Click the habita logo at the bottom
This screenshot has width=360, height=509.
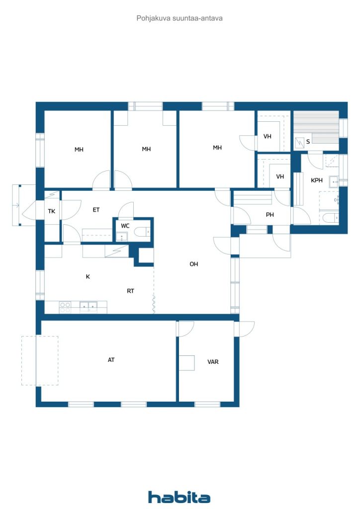[x=179, y=497]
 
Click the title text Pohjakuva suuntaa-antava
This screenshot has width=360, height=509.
[x=179, y=18]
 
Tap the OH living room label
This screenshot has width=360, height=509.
[x=194, y=264]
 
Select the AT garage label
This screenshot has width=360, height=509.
[x=111, y=360]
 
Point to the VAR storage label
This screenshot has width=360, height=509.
[x=213, y=362]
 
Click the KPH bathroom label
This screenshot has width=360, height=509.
[x=317, y=180]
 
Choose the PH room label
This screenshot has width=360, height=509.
[x=270, y=215]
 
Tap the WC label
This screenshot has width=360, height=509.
[x=125, y=226]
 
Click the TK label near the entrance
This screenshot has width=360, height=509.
[x=52, y=211]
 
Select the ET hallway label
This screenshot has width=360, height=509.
[x=96, y=210]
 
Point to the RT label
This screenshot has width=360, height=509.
[x=130, y=291]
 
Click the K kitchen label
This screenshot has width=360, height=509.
[x=88, y=276]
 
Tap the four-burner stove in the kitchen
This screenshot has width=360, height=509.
[x=65, y=307]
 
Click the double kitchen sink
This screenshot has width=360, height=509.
[x=89, y=306]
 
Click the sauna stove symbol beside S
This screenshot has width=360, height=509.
[x=299, y=142]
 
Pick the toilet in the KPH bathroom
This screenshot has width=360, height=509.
[x=329, y=217]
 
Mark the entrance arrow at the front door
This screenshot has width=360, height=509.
[x=16, y=205]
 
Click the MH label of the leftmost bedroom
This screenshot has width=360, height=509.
[x=79, y=150]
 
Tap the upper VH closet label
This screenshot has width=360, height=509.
[x=267, y=136]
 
